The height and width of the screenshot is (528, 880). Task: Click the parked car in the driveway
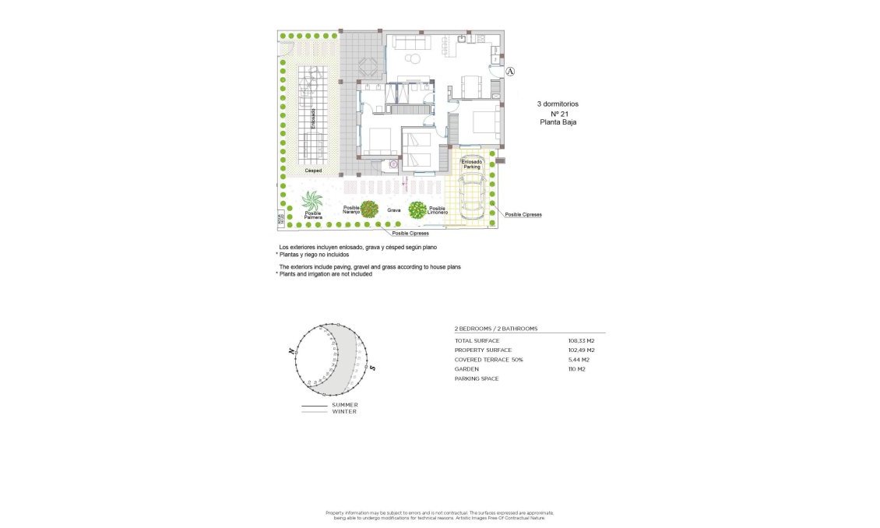click(472, 199)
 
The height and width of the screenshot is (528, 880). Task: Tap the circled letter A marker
click(510, 72)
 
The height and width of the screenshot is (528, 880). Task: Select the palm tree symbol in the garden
click(313, 202)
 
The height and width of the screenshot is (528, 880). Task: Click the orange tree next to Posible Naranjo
click(369, 209)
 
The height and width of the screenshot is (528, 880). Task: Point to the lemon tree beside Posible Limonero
click(417, 209)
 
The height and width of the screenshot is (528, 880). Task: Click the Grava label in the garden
click(394, 210)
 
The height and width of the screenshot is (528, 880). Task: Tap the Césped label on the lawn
click(313, 170)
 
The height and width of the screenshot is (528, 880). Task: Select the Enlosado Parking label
click(472, 164)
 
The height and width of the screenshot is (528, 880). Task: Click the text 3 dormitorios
click(558, 104)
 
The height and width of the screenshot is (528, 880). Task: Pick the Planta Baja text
click(558, 122)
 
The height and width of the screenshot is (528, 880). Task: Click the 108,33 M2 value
click(581, 341)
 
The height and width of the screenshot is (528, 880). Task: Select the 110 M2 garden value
click(577, 369)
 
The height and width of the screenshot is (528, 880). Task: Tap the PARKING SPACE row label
click(477, 378)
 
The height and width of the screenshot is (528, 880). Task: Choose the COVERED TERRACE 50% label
click(489, 360)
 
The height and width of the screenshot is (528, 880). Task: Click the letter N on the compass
click(291, 352)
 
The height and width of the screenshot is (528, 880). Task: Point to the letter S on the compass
click(373, 368)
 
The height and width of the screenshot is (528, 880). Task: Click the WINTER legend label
click(344, 412)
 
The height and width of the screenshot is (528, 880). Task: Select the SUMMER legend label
click(345, 405)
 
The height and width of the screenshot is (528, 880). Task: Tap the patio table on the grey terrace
click(369, 67)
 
